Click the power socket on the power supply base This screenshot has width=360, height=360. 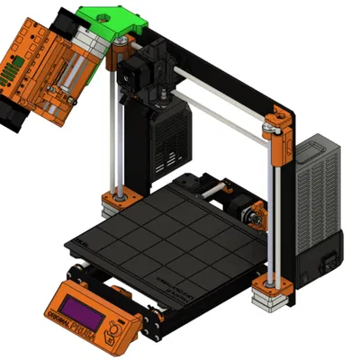[x=329, y=262]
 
